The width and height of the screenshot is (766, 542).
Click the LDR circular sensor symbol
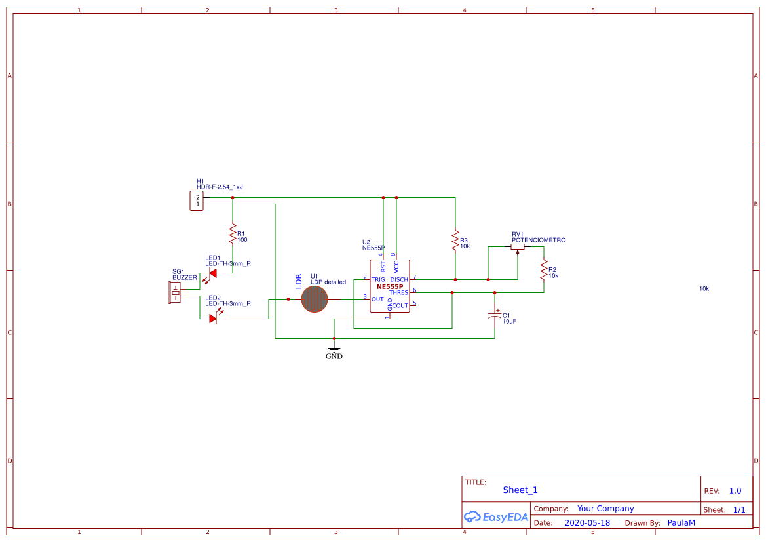coord(315,299)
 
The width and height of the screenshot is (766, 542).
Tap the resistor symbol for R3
coord(455,240)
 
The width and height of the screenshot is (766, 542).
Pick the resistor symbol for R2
coord(543,269)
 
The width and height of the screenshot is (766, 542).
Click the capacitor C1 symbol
coord(495,315)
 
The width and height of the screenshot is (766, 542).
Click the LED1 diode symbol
coord(212,273)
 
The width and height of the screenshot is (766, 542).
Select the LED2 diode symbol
coord(212,319)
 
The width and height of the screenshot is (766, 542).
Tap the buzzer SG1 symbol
coord(175,293)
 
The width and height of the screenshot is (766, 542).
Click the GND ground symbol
coord(334,349)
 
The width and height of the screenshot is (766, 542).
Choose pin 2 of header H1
coord(197,197)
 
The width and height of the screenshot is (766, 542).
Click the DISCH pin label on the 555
coord(399,280)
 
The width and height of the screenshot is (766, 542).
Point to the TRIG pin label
coord(378,280)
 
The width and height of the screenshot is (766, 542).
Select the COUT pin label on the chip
coord(400,306)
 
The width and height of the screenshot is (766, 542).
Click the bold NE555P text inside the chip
coord(389,286)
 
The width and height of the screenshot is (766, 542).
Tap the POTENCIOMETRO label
coord(538,241)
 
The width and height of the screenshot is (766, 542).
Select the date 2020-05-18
coord(586,523)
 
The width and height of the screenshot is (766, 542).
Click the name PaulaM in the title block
coord(681,523)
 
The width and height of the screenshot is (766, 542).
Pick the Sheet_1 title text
coord(520,490)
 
